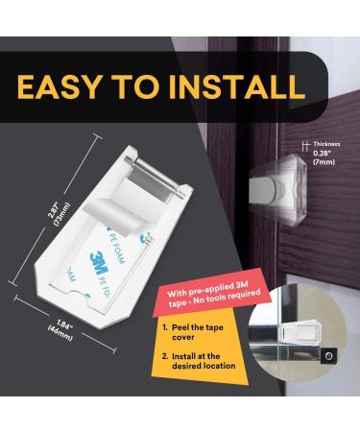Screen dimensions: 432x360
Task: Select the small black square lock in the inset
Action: tap(330, 355)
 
